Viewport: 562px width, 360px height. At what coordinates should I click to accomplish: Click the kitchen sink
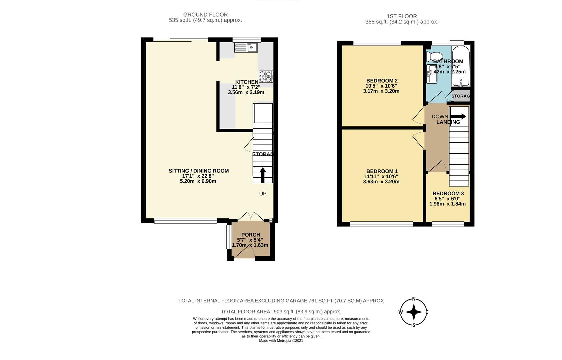[x=246, y=47]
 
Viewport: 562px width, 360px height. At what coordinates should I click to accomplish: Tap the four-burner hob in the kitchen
[x=266, y=77]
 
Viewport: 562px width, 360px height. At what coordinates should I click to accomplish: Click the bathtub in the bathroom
[x=461, y=66]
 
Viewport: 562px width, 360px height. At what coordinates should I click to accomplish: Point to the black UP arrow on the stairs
[x=263, y=175]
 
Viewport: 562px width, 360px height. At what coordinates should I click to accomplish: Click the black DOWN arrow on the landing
[x=458, y=116]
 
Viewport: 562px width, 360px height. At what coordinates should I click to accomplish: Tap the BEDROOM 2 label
[x=382, y=81]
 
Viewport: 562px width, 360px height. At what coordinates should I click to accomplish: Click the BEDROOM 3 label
[x=448, y=194]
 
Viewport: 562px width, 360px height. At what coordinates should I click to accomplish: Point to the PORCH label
[x=251, y=235]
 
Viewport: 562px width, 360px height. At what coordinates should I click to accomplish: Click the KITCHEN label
[x=247, y=82]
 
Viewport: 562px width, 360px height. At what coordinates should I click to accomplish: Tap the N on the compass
[x=414, y=299]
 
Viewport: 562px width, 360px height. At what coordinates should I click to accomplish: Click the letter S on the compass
[x=414, y=325]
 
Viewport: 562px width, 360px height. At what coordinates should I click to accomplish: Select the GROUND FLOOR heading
[x=205, y=15]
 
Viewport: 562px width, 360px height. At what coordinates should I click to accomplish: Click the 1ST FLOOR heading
[x=402, y=16]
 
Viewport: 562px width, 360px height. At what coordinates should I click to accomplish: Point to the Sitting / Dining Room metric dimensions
[x=198, y=181]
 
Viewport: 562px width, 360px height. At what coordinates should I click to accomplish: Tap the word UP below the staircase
[x=263, y=194]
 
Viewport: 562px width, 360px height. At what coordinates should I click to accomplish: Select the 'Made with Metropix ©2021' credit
[x=281, y=341]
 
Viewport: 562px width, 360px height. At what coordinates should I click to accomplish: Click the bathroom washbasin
[x=432, y=74]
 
